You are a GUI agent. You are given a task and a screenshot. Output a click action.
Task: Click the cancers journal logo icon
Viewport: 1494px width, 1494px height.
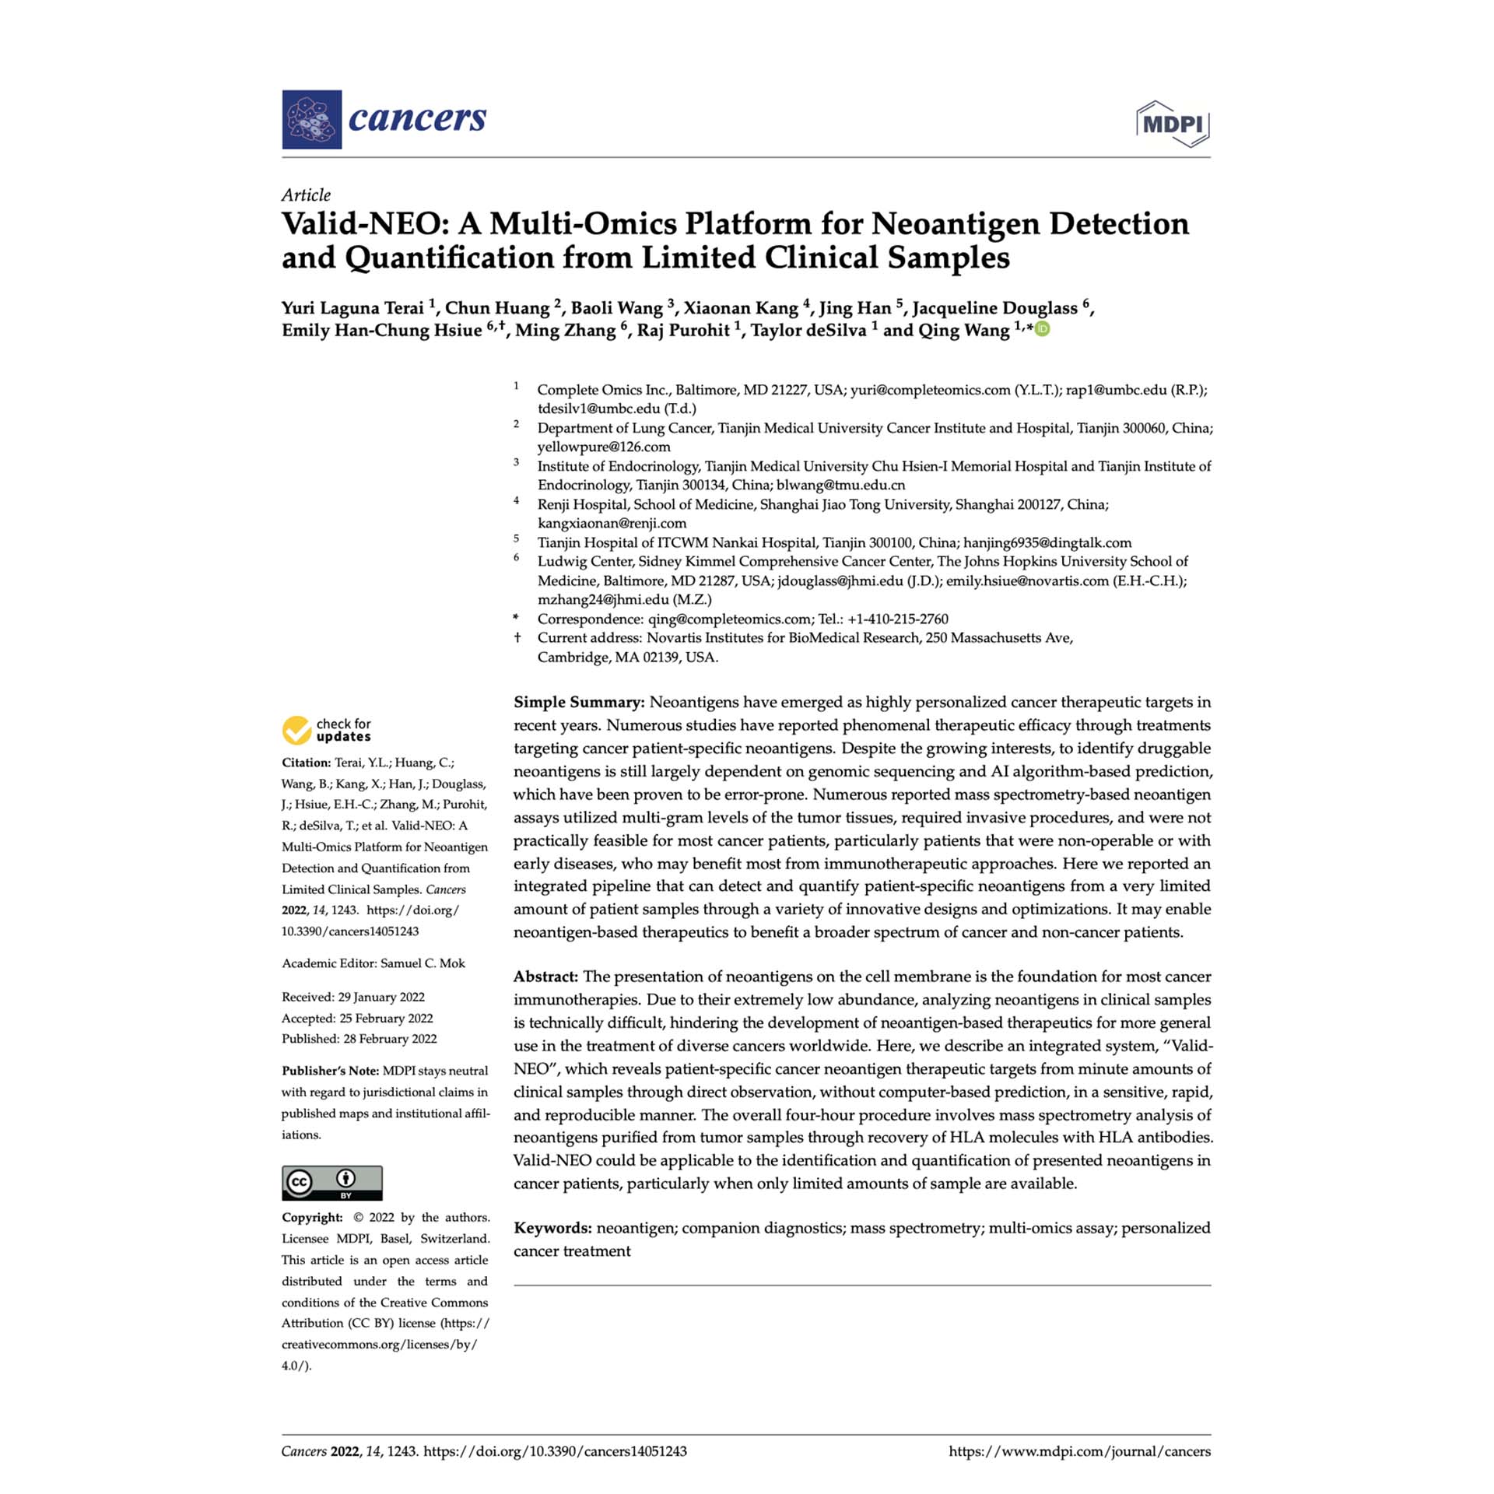click(311, 120)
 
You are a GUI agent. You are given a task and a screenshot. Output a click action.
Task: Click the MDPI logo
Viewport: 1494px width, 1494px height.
click(1173, 124)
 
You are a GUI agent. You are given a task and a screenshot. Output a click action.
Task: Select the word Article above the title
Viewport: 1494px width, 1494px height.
click(306, 195)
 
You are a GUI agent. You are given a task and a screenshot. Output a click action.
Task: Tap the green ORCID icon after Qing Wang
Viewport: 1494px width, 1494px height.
click(1043, 329)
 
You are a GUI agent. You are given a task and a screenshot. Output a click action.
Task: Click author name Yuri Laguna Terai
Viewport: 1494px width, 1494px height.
click(352, 308)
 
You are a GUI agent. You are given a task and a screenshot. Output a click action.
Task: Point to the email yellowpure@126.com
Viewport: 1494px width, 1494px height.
click(604, 447)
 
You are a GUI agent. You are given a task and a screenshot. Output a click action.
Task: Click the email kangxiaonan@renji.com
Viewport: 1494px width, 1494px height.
click(612, 523)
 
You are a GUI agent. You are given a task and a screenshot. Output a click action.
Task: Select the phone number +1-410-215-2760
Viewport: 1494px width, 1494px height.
click(898, 619)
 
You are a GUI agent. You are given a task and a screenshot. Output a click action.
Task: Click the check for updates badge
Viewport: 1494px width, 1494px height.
click(327, 730)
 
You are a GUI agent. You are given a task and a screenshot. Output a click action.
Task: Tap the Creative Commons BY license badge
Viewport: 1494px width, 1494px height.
click(332, 1182)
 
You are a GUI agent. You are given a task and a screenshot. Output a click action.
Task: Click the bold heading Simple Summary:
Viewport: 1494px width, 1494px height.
click(579, 703)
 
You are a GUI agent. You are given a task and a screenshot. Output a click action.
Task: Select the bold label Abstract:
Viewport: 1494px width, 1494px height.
click(545, 977)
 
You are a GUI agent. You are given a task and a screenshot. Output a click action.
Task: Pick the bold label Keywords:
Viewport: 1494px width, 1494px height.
click(552, 1228)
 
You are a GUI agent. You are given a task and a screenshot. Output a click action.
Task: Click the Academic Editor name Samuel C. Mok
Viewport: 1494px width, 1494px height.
click(423, 963)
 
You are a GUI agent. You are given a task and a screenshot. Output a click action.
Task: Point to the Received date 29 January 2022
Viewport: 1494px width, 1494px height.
click(381, 997)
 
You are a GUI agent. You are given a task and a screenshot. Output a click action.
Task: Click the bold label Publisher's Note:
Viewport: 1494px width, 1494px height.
click(330, 1071)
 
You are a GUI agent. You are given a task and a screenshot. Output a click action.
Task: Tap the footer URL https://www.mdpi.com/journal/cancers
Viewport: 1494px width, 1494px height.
click(1079, 1451)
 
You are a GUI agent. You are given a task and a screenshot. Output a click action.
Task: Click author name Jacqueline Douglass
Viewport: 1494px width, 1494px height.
click(994, 308)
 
